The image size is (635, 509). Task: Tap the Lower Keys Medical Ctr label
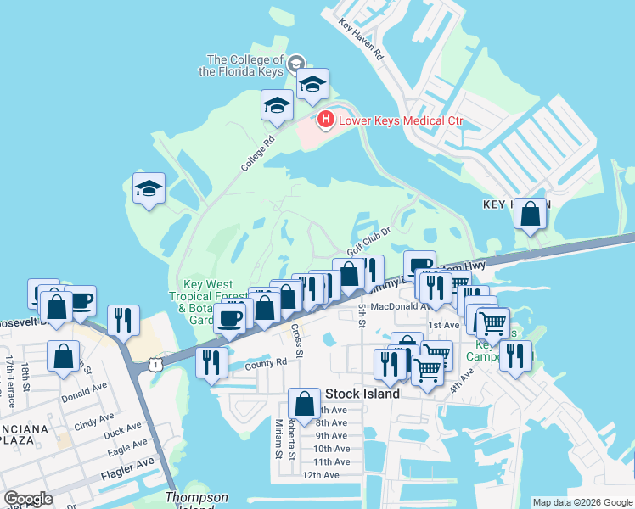click(x=401, y=120)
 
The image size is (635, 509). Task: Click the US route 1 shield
click(x=154, y=363)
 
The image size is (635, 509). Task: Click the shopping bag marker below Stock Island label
click(x=304, y=403)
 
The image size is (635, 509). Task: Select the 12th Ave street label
click(x=320, y=475)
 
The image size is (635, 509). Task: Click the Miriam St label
click(x=278, y=437)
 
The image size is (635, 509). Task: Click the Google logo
click(x=28, y=499)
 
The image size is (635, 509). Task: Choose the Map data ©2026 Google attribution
click(x=582, y=502)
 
